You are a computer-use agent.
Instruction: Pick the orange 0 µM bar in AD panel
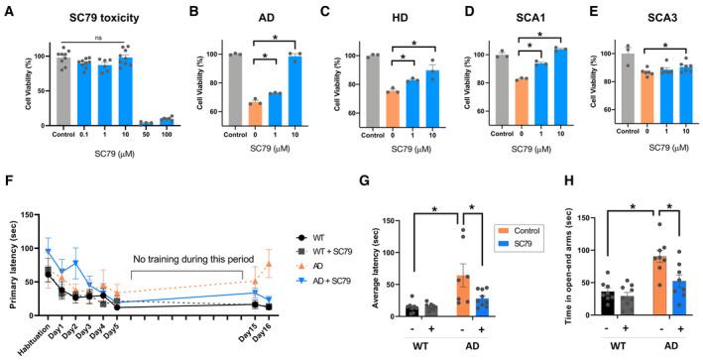pos(255,114)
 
